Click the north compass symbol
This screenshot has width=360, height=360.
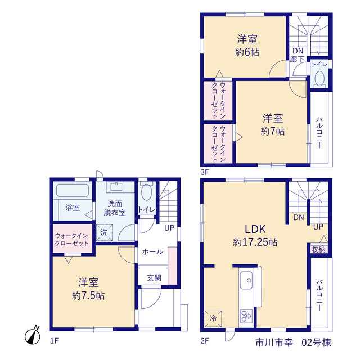click(33, 336)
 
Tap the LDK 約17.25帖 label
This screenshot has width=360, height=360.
click(255, 236)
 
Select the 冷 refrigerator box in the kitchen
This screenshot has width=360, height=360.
click(213, 318)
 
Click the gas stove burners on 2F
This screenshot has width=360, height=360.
click(246, 316)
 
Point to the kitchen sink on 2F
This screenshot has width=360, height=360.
click(246, 280)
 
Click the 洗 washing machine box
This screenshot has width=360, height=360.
click(104, 232)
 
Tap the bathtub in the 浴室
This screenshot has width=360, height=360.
click(73, 190)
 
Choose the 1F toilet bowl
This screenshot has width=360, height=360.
click(146, 192)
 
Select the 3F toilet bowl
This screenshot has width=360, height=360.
click(319, 78)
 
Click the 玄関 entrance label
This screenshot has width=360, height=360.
click(154, 277)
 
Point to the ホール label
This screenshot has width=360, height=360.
click(152, 251)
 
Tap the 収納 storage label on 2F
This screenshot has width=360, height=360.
click(318, 250)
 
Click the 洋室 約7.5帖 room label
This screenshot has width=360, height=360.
click(88, 289)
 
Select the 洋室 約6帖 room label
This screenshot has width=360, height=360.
click(247, 46)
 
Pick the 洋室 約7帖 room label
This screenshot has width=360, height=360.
click(273, 125)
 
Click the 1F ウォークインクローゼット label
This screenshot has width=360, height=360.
click(71, 240)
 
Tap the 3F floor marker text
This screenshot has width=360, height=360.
click(205, 172)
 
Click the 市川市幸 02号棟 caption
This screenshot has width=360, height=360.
click(294, 343)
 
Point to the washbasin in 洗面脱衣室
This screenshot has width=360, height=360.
click(116, 187)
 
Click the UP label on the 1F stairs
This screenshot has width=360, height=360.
click(169, 228)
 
